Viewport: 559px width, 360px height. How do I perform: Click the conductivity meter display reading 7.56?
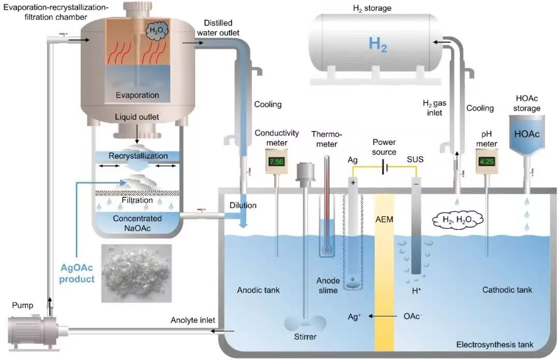coord(276,161)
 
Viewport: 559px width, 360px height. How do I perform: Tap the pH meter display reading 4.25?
coord(487,161)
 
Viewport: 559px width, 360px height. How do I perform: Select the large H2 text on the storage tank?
coord(378,45)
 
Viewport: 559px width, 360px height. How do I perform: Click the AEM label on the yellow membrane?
coord(384,219)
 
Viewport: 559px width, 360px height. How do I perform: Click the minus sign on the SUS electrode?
coord(416,183)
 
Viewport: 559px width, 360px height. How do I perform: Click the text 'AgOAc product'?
coord(77,274)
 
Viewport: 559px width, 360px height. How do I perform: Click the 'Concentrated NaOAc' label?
coord(137,223)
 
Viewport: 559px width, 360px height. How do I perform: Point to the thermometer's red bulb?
coord(327,249)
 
